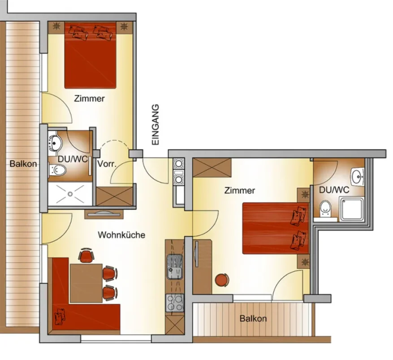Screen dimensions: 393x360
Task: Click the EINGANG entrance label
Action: click(x=155, y=124)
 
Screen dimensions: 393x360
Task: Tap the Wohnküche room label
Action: click(x=121, y=235)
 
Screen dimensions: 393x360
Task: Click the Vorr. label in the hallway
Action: click(x=107, y=164)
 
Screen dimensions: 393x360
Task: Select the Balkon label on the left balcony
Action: click(x=23, y=164)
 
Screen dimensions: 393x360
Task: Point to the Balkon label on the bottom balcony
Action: click(x=253, y=319)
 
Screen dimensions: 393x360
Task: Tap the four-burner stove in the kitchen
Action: click(x=175, y=303)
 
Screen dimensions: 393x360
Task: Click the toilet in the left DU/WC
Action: click(x=57, y=170)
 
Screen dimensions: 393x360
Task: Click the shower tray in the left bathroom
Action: click(x=70, y=194)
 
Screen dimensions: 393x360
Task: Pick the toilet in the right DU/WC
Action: click(x=325, y=209)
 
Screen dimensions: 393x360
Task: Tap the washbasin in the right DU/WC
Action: click(x=358, y=177)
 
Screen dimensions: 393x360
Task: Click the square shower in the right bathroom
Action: click(x=351, y=209)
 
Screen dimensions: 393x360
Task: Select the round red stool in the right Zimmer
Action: click(x=222, y=280)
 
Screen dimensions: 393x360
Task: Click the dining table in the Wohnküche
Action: click(x=86, y=283)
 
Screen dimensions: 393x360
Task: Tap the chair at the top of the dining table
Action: click(x=86, y=255)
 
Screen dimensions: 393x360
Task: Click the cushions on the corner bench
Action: click(x=60, y=316)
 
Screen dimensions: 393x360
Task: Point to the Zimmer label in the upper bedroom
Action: click(x=89, y=99)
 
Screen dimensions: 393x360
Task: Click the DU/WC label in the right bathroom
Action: click(x=334, y=190)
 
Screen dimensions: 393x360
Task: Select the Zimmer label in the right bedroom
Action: click(x=240, y=190)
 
